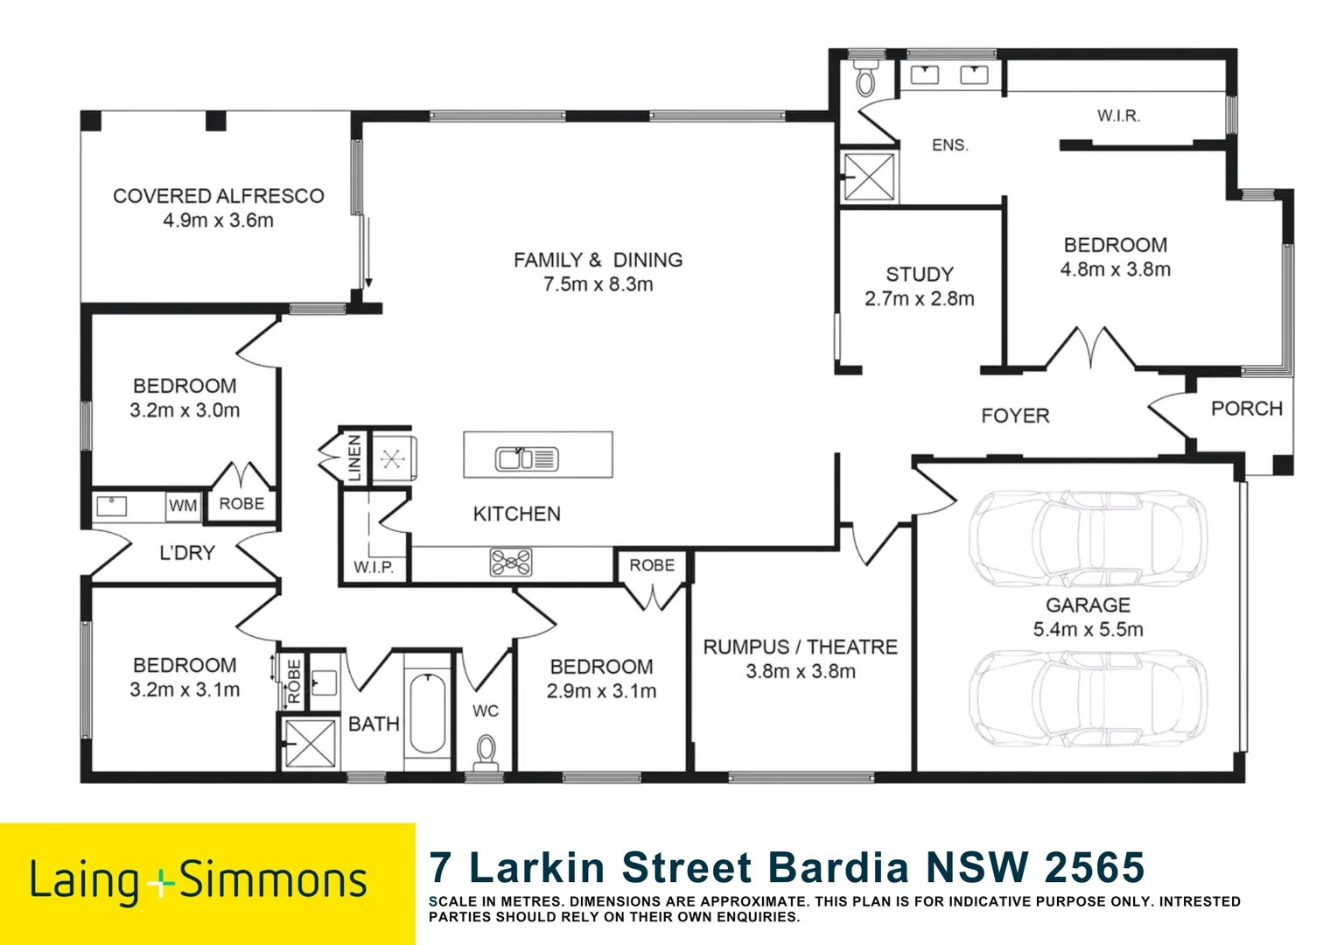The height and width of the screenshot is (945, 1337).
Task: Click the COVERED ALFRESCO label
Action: pos(219,196)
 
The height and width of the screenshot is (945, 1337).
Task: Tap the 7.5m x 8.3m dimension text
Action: pos(598,284)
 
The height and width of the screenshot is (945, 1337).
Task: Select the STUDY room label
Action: pos(920,274)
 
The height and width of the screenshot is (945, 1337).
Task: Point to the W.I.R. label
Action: pos(1118,115)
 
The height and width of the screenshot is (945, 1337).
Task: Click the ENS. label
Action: pos(950,145)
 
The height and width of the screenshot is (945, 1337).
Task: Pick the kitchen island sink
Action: pos(527,459)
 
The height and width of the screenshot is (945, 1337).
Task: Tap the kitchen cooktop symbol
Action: pos(511,563)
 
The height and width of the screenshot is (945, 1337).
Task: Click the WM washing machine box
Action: pos(183,507)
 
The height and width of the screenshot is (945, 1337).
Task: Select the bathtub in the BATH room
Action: pos(427,713)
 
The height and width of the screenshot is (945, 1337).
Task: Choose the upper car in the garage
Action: pos(1088,538)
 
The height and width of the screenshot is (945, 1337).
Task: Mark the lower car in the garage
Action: pos(1088,698)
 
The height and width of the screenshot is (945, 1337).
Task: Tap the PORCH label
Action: pos(1247,409)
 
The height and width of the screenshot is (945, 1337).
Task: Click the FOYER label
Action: pos(1015,416)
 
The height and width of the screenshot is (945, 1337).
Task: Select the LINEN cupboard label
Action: pos(354,458)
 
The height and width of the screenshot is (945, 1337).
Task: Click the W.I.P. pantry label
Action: pos(374,567)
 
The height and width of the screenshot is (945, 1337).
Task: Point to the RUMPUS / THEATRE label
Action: pos(801,647)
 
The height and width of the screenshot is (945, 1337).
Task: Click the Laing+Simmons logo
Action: pos(198,882)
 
